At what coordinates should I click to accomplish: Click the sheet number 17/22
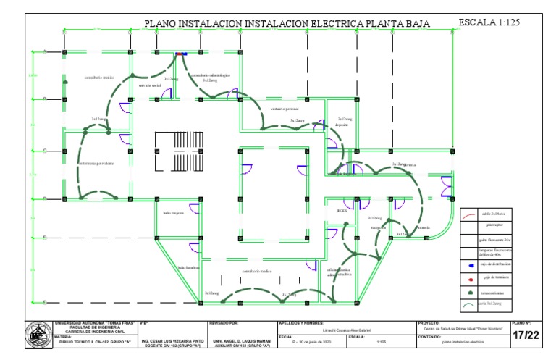[526, 335]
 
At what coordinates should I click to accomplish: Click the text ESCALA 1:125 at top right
[489, 23]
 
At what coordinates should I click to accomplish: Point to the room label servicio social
[150, 85]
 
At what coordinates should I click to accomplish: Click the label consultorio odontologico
[210, 75]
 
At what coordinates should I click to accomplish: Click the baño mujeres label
[174, 213]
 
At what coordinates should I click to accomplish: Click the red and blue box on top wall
[180, 54]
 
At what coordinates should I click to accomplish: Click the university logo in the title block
[33, 335]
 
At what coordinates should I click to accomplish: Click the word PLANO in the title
[163, 24]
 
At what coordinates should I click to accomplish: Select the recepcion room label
[377, 227]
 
